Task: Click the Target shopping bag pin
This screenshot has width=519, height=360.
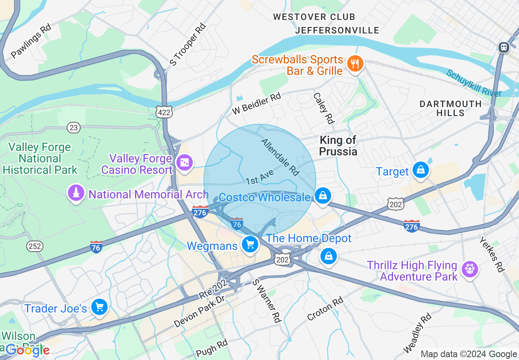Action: pyautogui.click(x=420, y=169)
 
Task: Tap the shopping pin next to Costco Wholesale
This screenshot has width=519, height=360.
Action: pyautogui.click(x=323, y=196)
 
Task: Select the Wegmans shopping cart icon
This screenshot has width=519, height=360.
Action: pyautogui.click(x=250, y=245)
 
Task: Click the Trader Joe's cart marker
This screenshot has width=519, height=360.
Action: pyautogui.click(x=99, y=307)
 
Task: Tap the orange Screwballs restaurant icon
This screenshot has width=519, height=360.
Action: pyautogui.click(x=355, y=64)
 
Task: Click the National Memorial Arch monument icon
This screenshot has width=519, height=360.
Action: pyautogui.click(x=76, y=193)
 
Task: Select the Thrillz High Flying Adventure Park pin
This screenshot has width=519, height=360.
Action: pyautogui.click(x=469, y=269)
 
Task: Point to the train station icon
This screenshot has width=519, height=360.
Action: pyautogui.click(x=503, y=47)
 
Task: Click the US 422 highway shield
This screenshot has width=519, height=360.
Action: pyautogui.click(x=164, y=111)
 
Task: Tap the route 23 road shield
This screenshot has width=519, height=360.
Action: pyautogui.click(x=73, y=128)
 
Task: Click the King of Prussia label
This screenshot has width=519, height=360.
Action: pyautogui.click(x=338, y=146)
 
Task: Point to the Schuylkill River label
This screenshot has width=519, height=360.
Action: pyautogui.click(x=474, y=83)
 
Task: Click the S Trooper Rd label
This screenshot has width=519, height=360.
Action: pyautogui.click(x=188, y=45)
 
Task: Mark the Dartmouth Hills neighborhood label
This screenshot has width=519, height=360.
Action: pyautogui.click(x=450, y=108)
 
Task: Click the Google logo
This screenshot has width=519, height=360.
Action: pyautogui.click(x=28, y=350)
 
